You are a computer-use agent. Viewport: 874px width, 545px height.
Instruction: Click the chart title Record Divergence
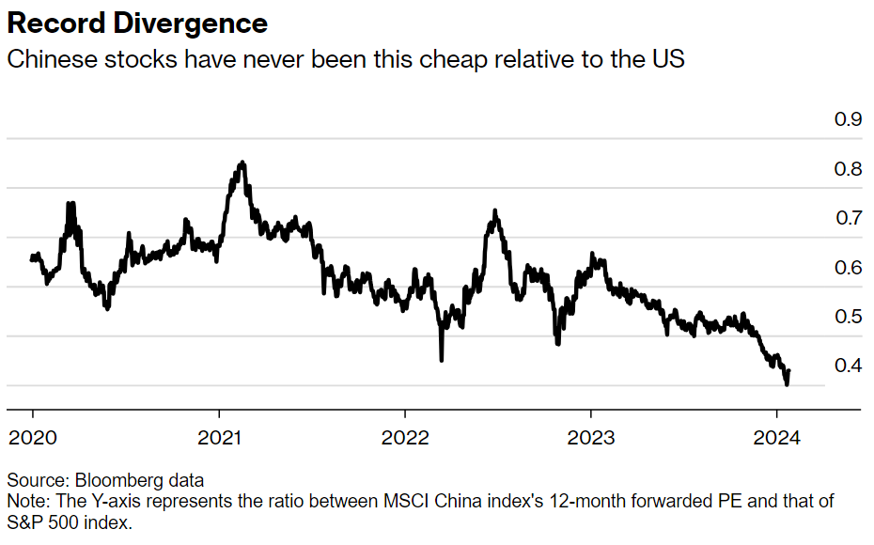pyautogui.click(x=137, y=23)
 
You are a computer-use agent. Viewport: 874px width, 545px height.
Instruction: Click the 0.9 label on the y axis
pyautogui.click(x=848, y=119)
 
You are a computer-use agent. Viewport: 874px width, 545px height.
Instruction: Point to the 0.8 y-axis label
pyautogui.click(x=848, y=169)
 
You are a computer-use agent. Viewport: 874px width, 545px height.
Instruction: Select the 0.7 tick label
pyautogui.click(x=848, y=218)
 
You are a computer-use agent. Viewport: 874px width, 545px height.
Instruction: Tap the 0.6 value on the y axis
pyautogui.click(x=848, y=268)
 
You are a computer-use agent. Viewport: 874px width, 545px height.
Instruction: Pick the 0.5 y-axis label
pyautogui.click(x=848, y=317)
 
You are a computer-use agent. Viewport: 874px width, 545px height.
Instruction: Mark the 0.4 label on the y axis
pyautogui.click(x=848, y=366)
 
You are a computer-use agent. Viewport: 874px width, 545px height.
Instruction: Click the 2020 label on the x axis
pyautogui.click(x=33, y=438)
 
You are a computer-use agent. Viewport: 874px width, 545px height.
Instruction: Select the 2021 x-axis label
pyautogui.click(x=219, y=438)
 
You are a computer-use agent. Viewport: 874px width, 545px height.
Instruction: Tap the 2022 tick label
pyautogui.click(x=405, y=438)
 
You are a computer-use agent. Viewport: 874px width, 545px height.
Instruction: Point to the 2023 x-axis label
pyautogui.click(x=591, y=438)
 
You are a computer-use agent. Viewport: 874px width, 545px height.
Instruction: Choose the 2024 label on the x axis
pyautogui.click(x=777, y=438)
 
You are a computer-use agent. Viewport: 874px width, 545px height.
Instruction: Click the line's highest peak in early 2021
pyautogui.click(x=242, y=163)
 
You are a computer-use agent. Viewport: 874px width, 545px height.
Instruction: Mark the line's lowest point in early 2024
pyautogui.click(x=787, y=383)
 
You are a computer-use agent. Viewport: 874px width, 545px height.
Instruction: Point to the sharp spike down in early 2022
pyautogui.click(x=441, y=358)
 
